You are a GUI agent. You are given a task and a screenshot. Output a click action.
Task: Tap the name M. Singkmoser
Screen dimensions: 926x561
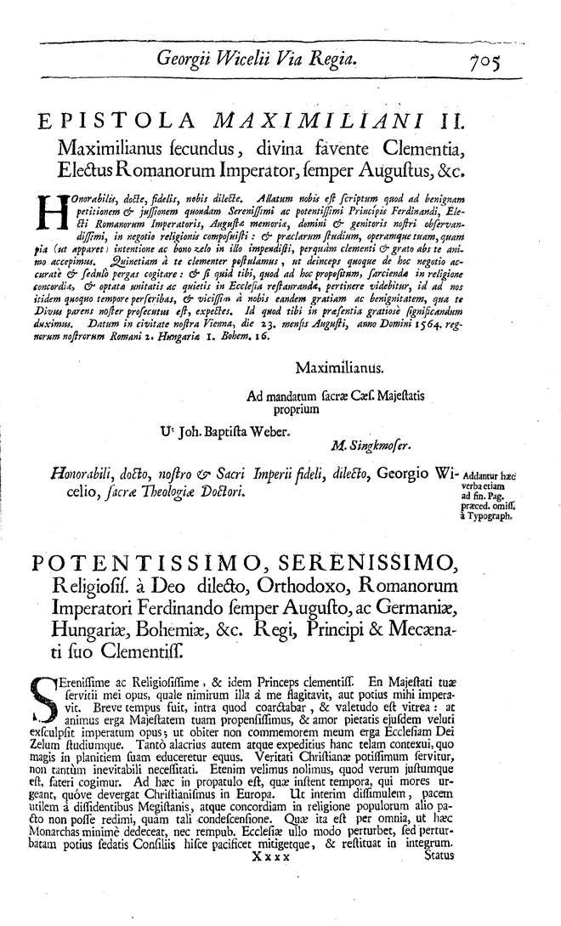pyautogui.click(x=369, y=443)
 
